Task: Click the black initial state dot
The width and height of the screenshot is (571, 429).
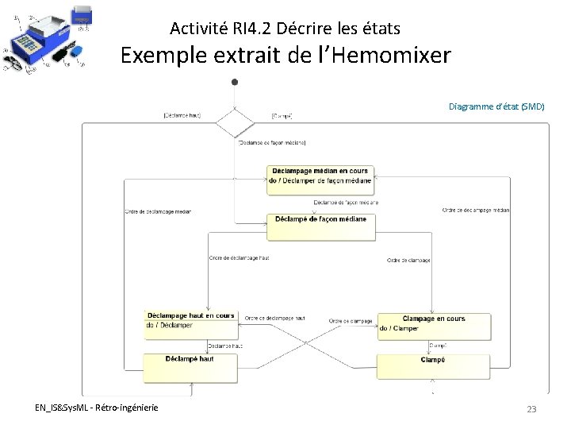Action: pos(235,81)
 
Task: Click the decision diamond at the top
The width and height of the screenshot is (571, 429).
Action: pos(235,123)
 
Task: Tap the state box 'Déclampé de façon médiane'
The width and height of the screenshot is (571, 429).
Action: pos(320,223)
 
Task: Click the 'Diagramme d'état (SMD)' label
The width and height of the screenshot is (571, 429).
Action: pos(496,106)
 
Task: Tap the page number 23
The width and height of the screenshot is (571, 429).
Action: pos(531,408)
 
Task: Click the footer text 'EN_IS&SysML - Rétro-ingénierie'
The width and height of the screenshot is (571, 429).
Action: pos(96,408)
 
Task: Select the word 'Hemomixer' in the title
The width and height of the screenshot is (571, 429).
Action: pos(395,56)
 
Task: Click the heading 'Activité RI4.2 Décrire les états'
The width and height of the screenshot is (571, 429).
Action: pos(285,29)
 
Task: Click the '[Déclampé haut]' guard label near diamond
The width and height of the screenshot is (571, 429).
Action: pos(182,115)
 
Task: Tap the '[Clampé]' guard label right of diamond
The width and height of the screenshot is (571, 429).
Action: pos(282,116)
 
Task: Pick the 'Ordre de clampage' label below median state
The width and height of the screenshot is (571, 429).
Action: pos(408,260)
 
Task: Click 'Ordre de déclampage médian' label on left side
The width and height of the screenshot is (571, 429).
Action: pos(158,211)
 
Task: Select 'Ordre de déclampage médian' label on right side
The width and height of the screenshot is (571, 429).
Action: pos(476,210)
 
